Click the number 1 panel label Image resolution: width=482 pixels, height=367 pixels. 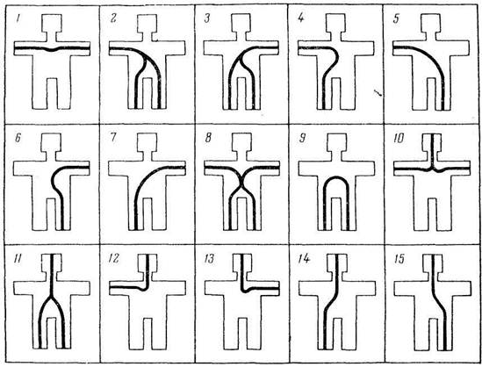(18, 20)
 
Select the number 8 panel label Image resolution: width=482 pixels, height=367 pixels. (208, 138)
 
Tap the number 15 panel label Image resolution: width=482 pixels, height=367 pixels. (399, 259)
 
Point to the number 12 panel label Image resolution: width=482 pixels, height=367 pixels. (114, 259)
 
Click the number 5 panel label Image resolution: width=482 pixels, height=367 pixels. (396, 19)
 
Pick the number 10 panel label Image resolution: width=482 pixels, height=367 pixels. (399, 139)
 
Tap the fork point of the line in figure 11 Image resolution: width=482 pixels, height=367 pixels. (51, 298)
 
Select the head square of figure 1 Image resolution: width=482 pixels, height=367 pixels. (51, 24)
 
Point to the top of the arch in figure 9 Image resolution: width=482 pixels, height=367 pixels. (336, 177)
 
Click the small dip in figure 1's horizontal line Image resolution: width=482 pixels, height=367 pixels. (52, 49)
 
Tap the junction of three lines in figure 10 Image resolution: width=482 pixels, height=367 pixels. (432, 169)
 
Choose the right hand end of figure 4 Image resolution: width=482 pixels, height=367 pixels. (374, 48)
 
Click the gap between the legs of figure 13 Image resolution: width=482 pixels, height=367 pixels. (242, 334)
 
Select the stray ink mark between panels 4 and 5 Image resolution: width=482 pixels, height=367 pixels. (378, 92)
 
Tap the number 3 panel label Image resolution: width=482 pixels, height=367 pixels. (207, 19)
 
